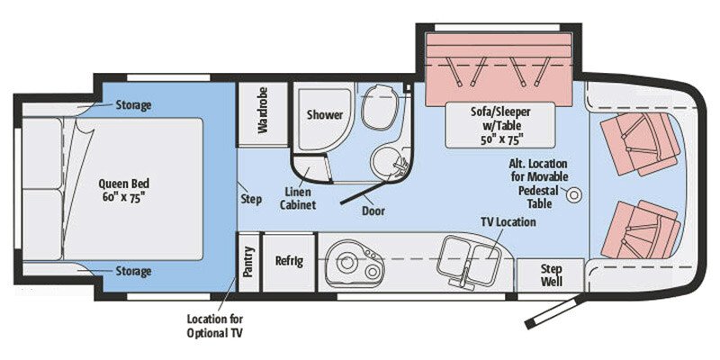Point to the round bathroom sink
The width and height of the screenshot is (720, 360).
(x=391, y=163)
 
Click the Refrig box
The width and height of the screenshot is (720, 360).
(x=288, y=262)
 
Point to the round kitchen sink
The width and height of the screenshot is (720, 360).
(x=346, y=263)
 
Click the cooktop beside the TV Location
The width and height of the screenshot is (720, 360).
(x=469, y=256)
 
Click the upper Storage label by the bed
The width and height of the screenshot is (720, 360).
(x=132, y=105)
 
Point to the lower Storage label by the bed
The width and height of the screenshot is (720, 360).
(x=132, y=271)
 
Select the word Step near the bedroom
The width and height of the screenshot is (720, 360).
(x=252, y=199)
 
